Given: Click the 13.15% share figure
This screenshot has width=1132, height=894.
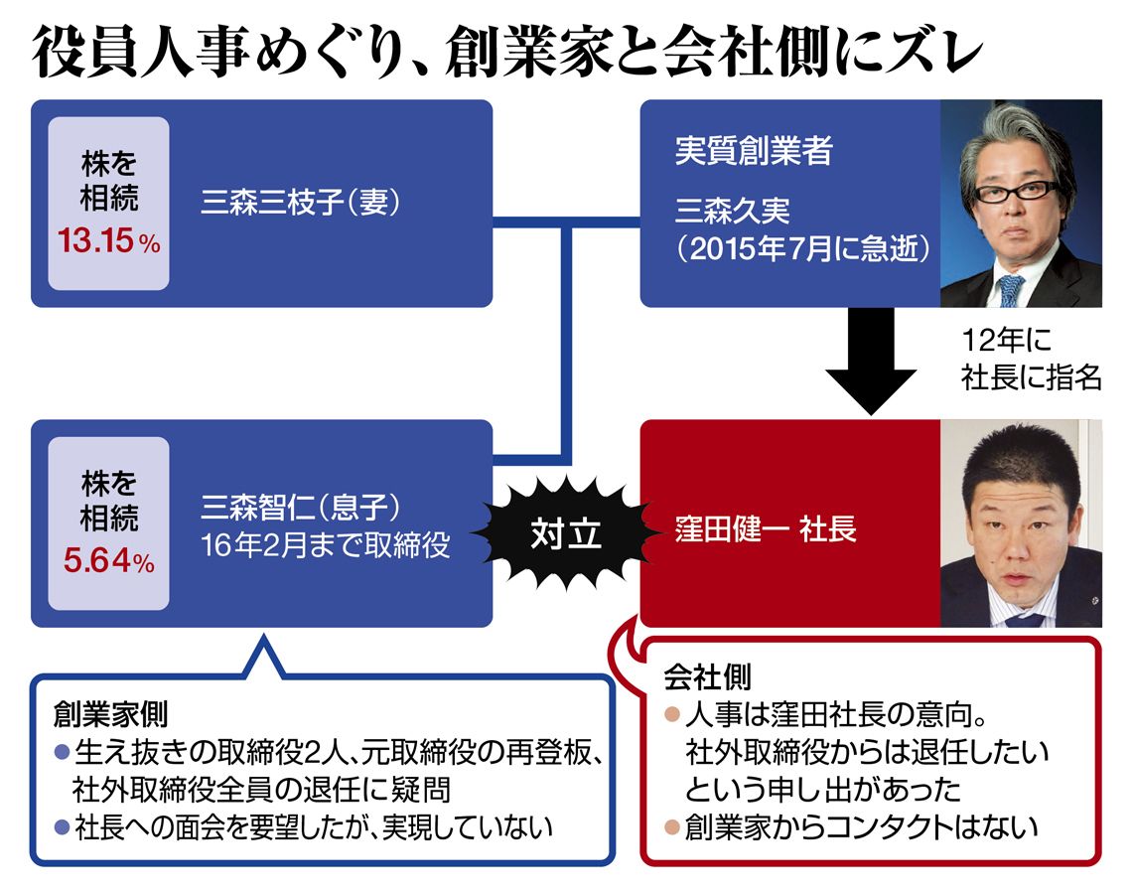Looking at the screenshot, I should [108, 242].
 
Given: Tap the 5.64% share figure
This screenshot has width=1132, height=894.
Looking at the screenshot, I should [108, 562].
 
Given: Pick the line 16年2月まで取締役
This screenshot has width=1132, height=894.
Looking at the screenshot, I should [324, 546].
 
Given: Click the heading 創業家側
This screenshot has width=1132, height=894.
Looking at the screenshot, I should [110, 713].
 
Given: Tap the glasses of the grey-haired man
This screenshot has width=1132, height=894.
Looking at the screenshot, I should [1015, 190].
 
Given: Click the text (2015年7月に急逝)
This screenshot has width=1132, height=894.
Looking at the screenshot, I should [802, 248].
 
